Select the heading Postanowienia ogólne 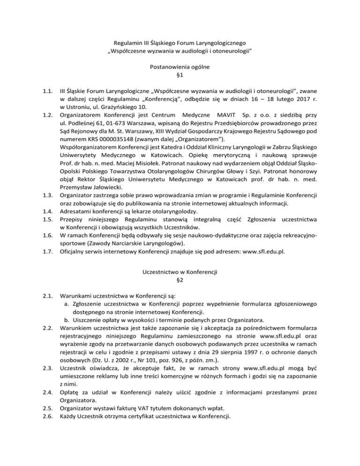(x=180, y=67)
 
